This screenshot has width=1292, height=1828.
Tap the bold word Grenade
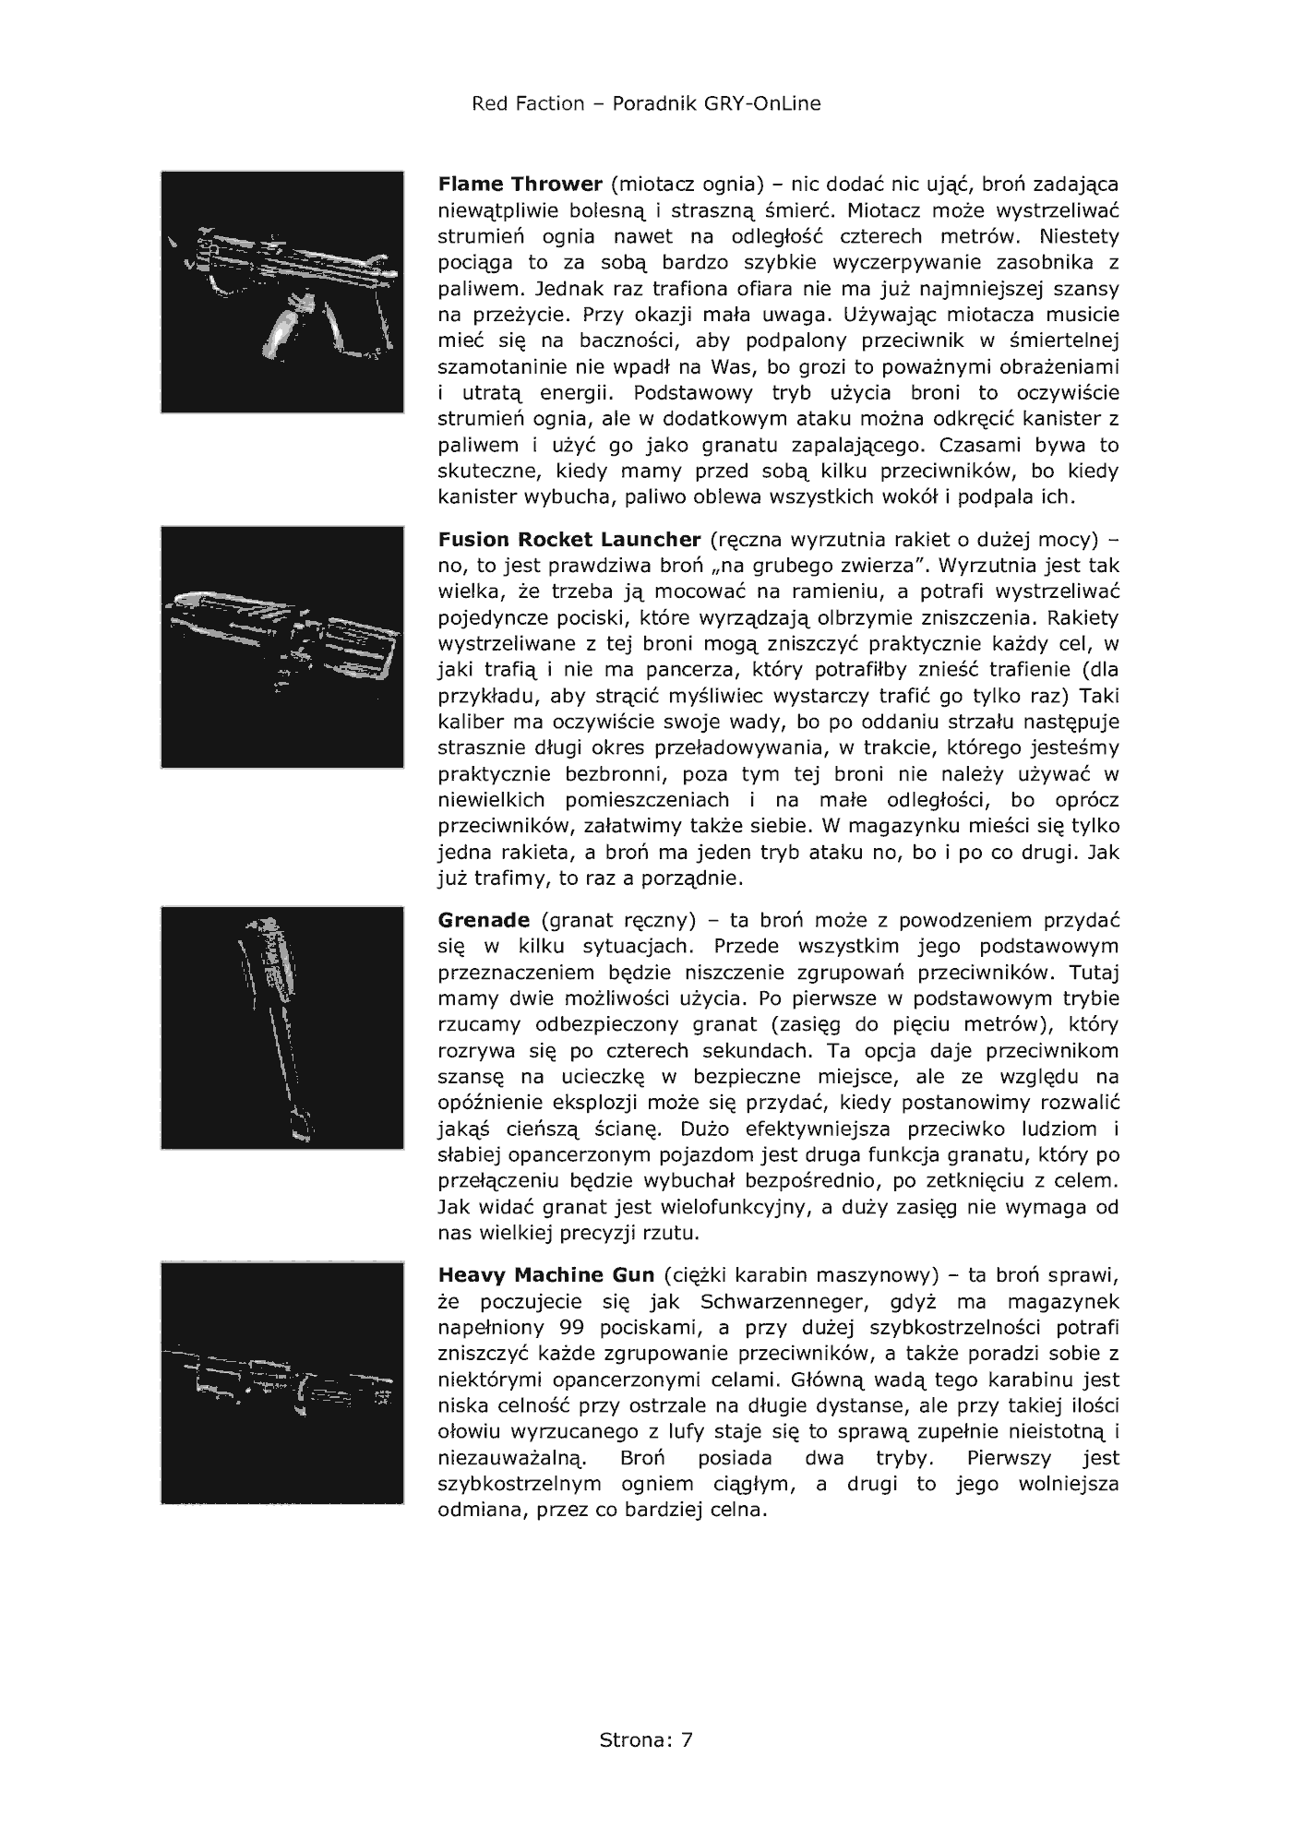point(484,920)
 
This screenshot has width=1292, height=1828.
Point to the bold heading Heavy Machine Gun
point(546,1275)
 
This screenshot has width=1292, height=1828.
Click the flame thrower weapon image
point(282,292)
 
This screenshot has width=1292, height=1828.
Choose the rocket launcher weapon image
point(282,647)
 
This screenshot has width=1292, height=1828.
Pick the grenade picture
point(282,1028)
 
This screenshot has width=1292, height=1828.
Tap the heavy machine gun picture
point(282,1382)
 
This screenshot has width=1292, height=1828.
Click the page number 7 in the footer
point(687,1740)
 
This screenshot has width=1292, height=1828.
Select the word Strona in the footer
point(632,1740)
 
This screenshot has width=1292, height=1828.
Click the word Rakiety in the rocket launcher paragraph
point(1083,616)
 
